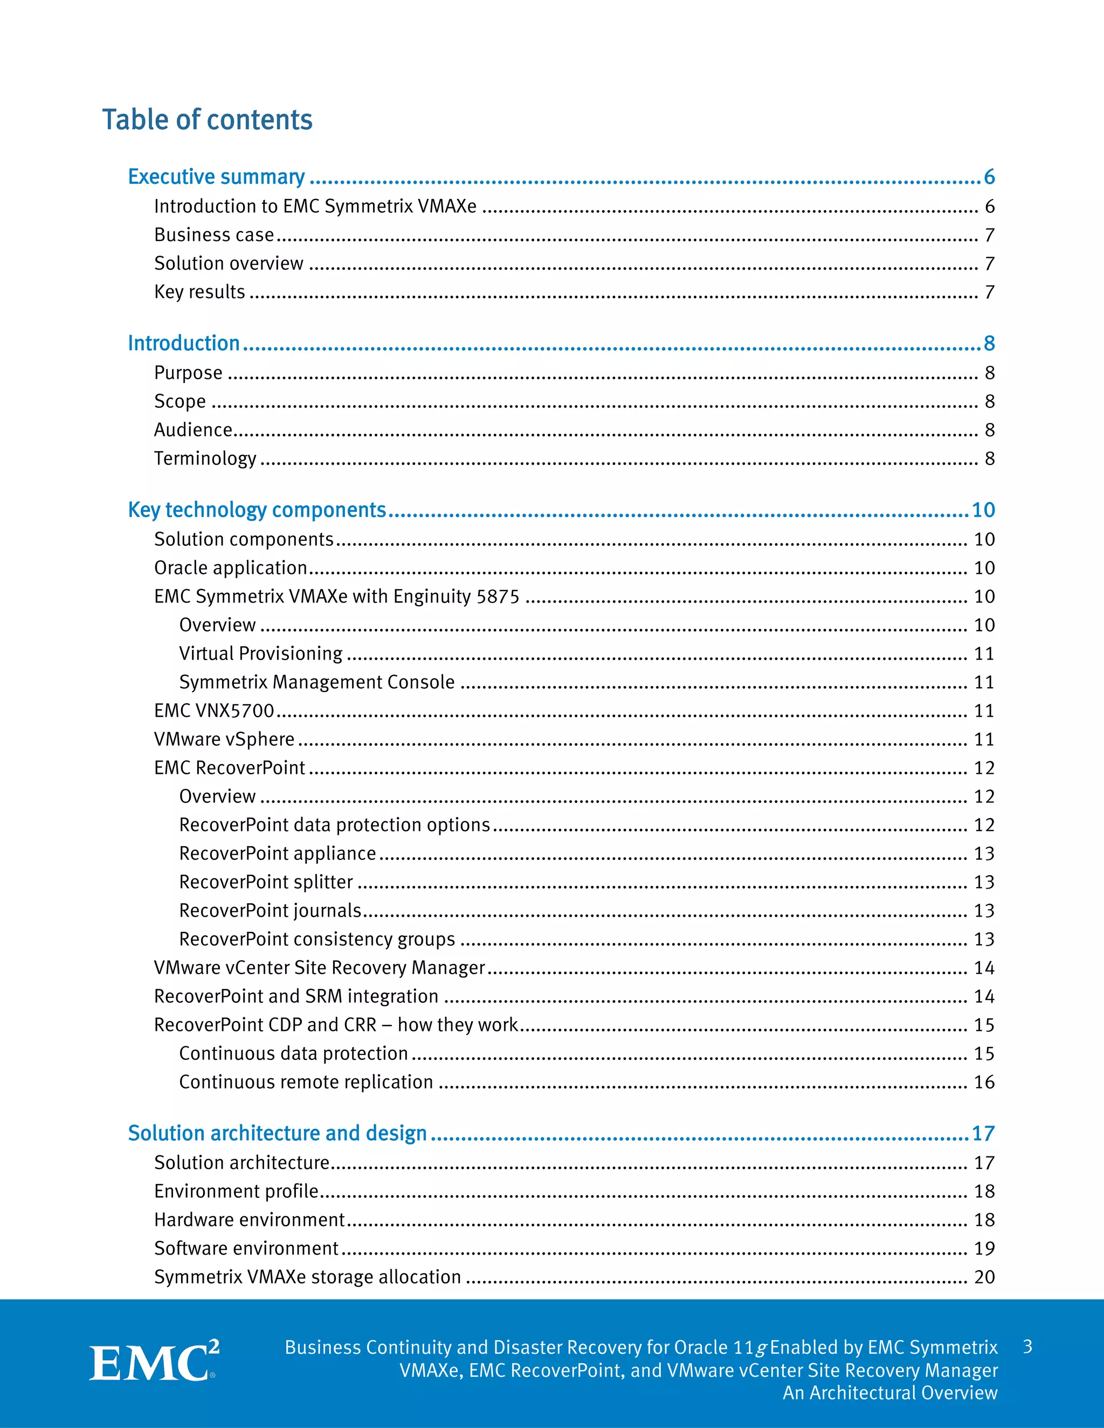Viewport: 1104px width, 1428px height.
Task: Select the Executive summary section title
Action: point(217,177)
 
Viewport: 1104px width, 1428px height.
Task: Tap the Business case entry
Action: point(214,235)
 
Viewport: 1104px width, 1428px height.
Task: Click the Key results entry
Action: point(199,292)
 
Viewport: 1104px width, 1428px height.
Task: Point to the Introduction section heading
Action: point(184,343)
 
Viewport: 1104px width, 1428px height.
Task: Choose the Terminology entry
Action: point(205,459)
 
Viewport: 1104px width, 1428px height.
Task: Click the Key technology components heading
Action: point(257,510)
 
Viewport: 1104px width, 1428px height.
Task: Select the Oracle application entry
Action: point(230,567)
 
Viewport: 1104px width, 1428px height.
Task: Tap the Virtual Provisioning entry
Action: point(260,653)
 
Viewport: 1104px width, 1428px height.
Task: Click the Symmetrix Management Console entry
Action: point(316,682)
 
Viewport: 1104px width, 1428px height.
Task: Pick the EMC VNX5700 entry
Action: point(214,711)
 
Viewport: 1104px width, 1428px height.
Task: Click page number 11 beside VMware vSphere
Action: point(984,739)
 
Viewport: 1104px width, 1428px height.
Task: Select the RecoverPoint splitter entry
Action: point(266,882)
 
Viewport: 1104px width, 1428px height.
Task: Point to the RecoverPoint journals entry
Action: point(270,911)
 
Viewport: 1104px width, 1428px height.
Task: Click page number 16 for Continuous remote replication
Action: point(984,1082)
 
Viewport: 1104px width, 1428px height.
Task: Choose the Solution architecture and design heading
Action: point(277,1133)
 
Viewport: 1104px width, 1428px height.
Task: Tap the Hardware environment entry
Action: point(249,1220)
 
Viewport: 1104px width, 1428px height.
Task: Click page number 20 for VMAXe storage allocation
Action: point(984,1277)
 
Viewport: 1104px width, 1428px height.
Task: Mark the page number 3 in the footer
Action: point(1027,1347)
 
